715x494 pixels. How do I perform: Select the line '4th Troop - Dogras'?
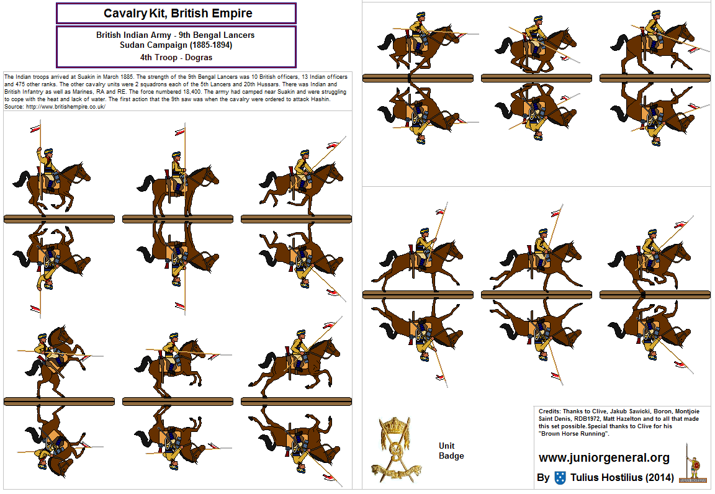(176, 57)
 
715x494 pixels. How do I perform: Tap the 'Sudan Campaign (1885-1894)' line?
(176, 45)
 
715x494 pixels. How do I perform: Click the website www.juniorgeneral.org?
(604, 458)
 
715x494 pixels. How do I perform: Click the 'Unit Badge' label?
(451, 451)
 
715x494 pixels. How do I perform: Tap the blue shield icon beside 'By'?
(560, 478)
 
